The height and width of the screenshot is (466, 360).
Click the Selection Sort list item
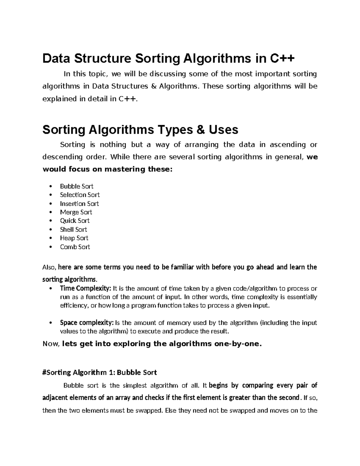click(x=79, y=195)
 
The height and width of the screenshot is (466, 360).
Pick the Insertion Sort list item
click(x=79, y=203)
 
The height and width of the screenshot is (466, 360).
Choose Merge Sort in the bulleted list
click(x=76, y=212)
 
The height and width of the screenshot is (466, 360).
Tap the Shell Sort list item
click(x=73, y=230)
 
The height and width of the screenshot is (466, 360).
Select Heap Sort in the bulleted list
click(x=74, y=238)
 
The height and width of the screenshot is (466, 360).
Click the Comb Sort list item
click(x=75, y=247)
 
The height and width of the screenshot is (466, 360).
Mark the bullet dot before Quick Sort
click(x=53, y=221)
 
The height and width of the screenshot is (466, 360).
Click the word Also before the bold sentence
click(x=49, y=267)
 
